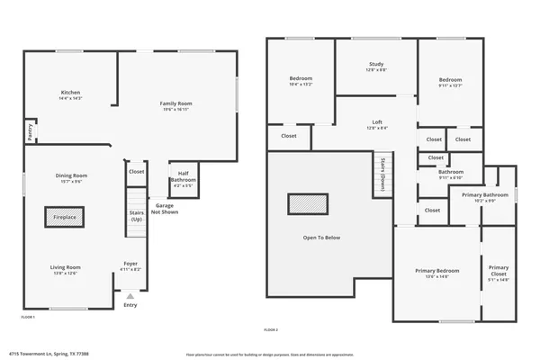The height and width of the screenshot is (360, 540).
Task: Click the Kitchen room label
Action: click(71, 94)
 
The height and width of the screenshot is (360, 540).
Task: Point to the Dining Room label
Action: click(71, 177)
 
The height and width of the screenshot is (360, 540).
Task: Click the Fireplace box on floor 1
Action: click(65, 217)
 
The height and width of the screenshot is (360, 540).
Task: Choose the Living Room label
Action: click(65, 268)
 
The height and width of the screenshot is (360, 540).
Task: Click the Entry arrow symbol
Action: click(130, 295)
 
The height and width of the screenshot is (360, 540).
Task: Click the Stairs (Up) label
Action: click(137, 216)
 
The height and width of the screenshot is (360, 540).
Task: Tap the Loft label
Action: click(377, 124)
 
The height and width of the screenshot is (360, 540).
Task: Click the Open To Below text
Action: click(321, 238)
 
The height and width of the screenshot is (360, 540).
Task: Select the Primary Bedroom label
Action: click(437, 273)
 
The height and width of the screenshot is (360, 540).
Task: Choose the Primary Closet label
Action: click(499, 273)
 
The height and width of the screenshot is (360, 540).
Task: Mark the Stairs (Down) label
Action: click(382, 171)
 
